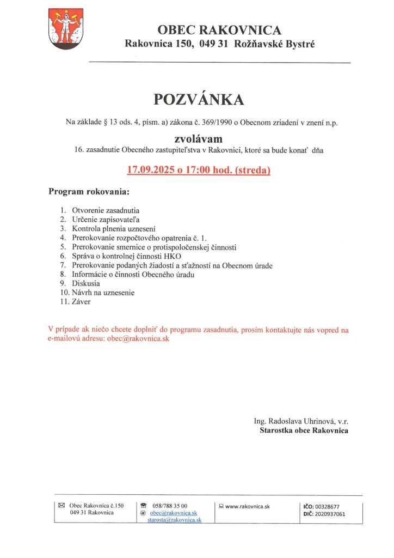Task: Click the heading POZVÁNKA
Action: [x=199, y=99]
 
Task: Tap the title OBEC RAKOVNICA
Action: [x=219, y=30]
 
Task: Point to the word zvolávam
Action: [x=198, y=138]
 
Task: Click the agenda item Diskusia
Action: [x=86, y=283]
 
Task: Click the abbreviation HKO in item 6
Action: [x=173, y=256]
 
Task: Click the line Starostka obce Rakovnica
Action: [x=304, y=430]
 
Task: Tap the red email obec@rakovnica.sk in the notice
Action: [x=138, y=338]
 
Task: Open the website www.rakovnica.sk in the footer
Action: [x=248, y=506]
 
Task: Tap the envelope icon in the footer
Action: [x=61, y=506]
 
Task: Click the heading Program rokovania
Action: [x=89, y=192]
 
